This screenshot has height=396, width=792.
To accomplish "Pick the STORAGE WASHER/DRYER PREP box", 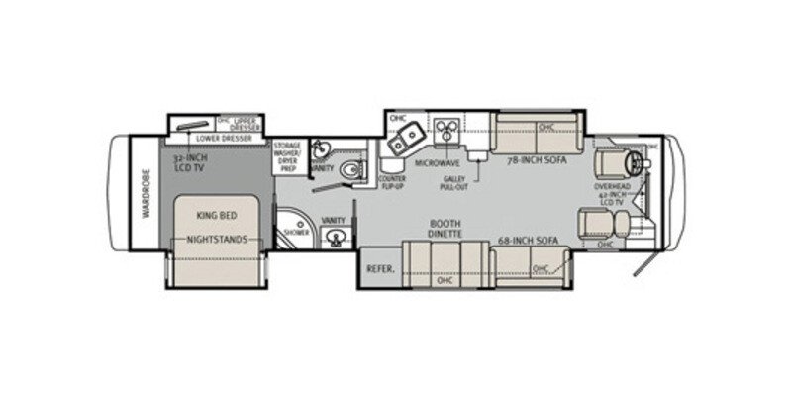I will pos(287,157).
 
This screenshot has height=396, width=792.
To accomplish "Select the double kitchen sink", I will pos(407,141).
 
